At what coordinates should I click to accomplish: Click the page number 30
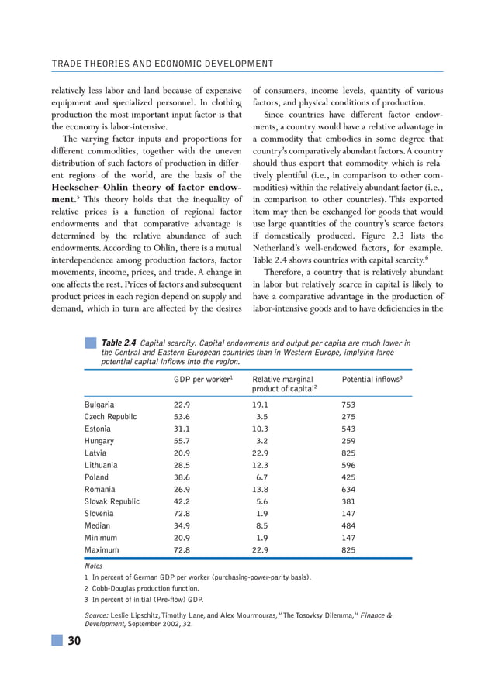(x=74, y=640)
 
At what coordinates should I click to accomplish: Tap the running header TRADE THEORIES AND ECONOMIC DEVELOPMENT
(x=162, y=64)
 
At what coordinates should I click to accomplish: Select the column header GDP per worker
(x=203, y=380)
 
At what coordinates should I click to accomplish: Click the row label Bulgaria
(x=99, y=405)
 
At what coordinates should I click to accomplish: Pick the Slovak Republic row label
(x=112, y=501)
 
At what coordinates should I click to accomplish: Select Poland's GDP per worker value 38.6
(x=182, y=477)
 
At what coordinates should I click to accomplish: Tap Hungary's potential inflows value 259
(x=350, y=441)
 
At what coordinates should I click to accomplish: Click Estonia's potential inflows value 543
(x=350, y=429)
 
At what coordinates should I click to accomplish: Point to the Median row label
(x=97, y=525)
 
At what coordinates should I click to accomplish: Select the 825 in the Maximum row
(x=350, y=550)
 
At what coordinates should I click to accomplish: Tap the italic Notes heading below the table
(x=93, y=566)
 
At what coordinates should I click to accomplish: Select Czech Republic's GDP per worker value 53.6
(x=182, y=417)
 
